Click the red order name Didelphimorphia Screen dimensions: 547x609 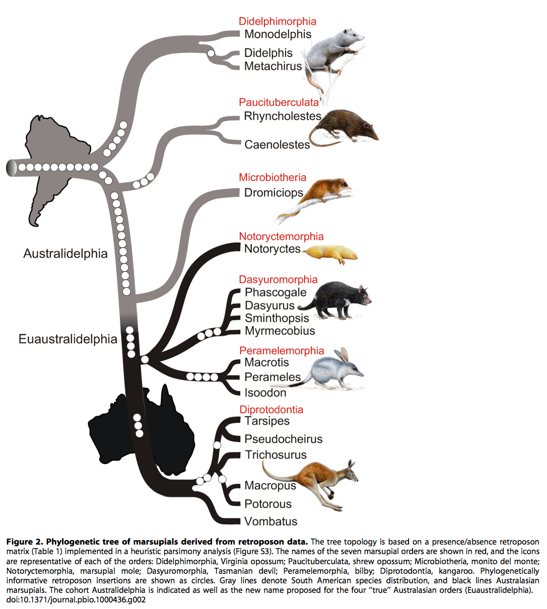pyautogui.click(x=278, y=21)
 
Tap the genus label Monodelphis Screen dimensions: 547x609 pyautogui.click(x=278, y=34)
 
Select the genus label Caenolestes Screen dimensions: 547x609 pyautogui.click(x=277, y=144)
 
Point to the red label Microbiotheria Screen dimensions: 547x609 pyautogui.click(x=272, y=177)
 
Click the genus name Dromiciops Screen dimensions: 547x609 pyautogui.click(x=273, y=193)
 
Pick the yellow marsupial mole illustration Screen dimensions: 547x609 pyautogui.click(x=330, y=254)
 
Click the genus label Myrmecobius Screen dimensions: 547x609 pyautogui.click(x=280, y=331)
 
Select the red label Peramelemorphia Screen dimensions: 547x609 pyautogui.click(x=282, y=350)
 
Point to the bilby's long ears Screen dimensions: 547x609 pyautogui.click(x=344, y=355)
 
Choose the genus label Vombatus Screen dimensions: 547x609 pyautogui.click(x=271, y=521)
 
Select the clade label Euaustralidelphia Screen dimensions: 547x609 pyautogui.click(x=67, y=339)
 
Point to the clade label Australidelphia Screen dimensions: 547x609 pyautogui.click(x=65, y=253)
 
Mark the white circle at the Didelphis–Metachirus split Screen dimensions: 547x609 pyautogui.click(x=211, y=53)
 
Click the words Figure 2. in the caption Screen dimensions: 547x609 pyautogui.click(x=25, y=542)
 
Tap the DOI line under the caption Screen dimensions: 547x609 pyautogui.click(x=76, y=599)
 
